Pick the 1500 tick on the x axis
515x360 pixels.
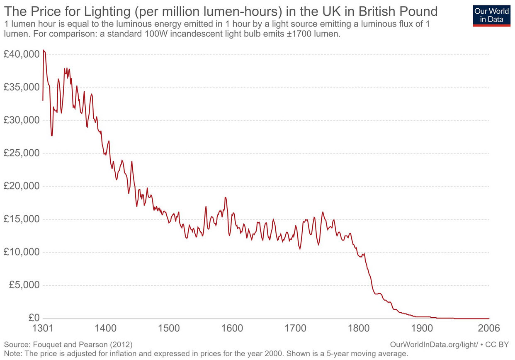coord(169,328)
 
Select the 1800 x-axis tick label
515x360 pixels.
coord(358,328)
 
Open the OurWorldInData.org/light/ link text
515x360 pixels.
coord(434,345)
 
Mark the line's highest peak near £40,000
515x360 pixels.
coord(44,50)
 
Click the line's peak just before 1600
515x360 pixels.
coord(226,197)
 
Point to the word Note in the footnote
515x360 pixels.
coord(12,353)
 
